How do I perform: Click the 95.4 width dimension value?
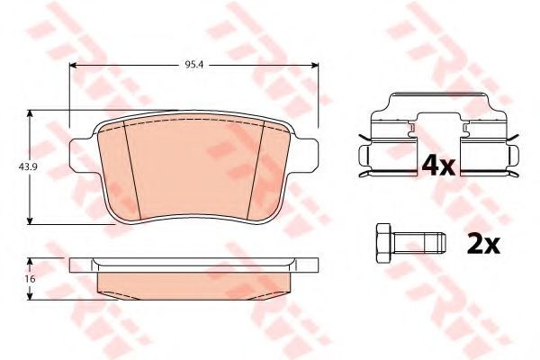(x=193, y=65)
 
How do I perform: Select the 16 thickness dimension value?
(x=31, y=279)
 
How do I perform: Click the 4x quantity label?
(x=438, y=166)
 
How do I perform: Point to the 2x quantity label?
(x=483, y=244)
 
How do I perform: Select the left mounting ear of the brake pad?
(x=81, y=154)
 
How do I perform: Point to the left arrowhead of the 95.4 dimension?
(x=73, y=65)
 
